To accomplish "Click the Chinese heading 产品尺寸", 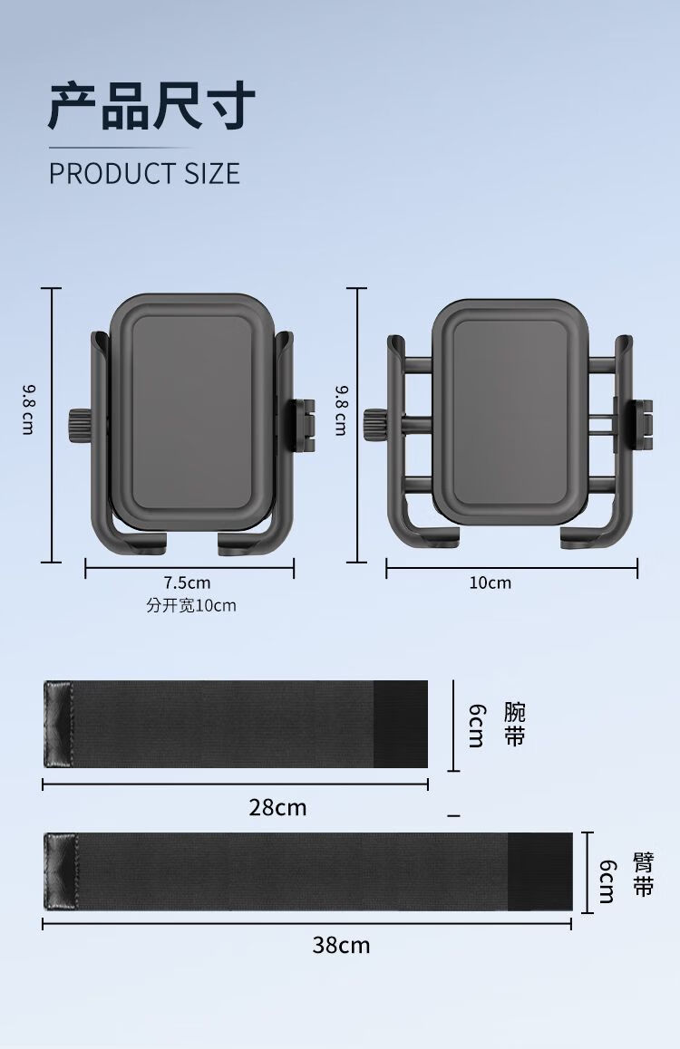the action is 152,106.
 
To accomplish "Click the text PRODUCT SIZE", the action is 144,173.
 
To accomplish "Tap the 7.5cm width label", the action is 188,582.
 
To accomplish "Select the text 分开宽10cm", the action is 191,605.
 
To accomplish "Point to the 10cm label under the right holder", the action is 490,582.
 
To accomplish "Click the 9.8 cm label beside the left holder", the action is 28,409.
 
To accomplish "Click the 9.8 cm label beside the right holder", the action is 341,409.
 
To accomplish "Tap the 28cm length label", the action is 277,807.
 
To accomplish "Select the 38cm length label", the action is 341,945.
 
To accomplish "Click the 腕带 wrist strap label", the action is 515,725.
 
